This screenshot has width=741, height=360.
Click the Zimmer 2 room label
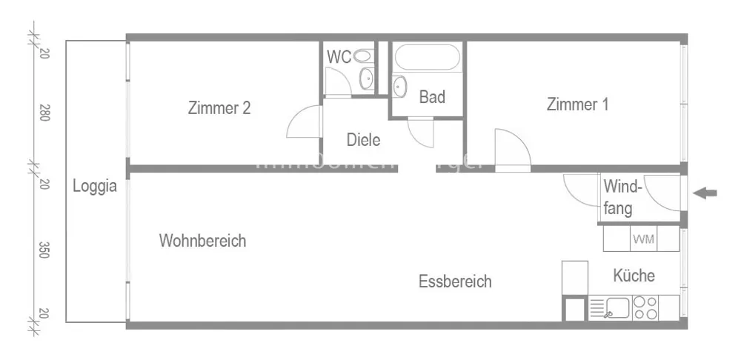pyautogui.click(x=219, y=108)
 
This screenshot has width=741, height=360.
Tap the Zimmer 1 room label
pyautogui.click(x=577, y=104)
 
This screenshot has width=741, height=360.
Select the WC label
pyautogui.click(x=339, y=56)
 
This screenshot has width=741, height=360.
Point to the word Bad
pyautogui.click(x=432, y=97)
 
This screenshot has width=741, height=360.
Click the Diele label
pyautogui.click(x=363, y=139)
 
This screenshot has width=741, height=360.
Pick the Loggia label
pyautogui.click(x=95, y=187)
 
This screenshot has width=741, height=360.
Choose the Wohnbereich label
pyautogui.click(x=202, y=241)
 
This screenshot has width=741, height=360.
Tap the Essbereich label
pyautogui.click(x=455, y=281)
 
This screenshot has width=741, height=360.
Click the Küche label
pyautogui.click(x=634, y=276)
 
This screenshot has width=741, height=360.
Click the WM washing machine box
pyautogui.click(x=642, y=239)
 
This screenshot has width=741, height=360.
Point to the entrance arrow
pyautogui.click(x=705, y=193)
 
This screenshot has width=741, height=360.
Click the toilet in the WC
pyautogui.click(x=362, y=56)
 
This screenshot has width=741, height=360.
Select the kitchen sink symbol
pyautogui.click(x=617, y=307)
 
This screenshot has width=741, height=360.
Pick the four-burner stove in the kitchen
pyautogui.click(x=646, y=307)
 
